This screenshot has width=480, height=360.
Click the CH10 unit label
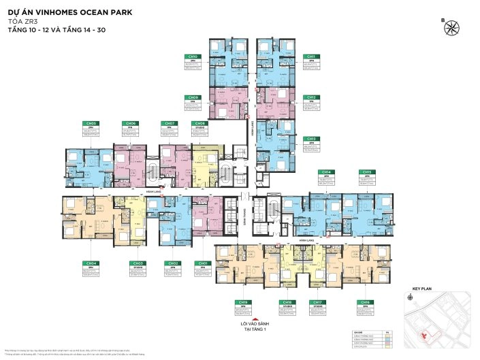coord(193,56)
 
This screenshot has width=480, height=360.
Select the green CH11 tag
coord(310,56)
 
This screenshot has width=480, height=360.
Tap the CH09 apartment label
coord(193,97)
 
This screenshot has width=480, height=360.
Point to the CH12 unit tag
coord(310,97)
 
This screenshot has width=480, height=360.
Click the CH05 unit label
coord(91,123)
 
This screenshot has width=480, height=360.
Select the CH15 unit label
coord(367,172)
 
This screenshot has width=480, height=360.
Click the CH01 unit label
coord(202,263)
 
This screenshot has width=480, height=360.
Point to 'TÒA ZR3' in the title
coord(20,22)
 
